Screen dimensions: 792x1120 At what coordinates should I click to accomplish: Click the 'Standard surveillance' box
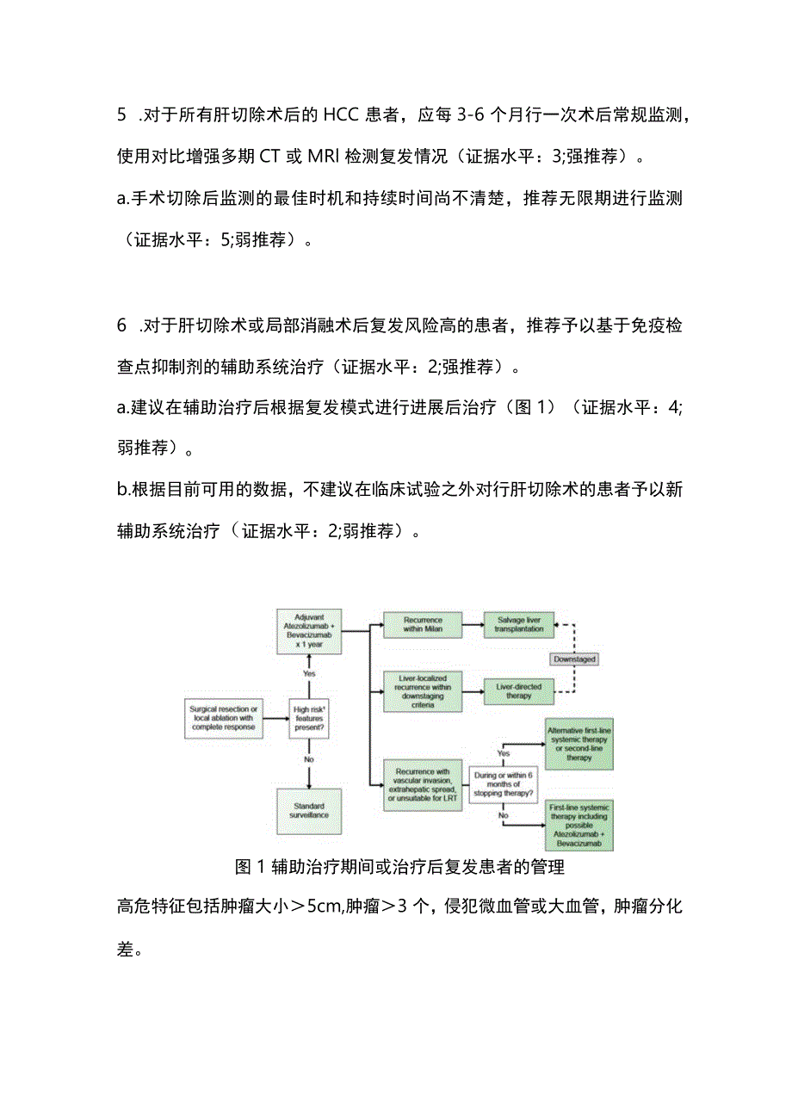pos(308,812)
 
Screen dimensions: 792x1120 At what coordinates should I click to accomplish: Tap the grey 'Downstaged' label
pos(574,659)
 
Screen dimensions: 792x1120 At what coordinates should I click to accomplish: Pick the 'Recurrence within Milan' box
pos(422,625)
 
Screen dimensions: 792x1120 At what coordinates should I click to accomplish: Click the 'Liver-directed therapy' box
pos(519,690)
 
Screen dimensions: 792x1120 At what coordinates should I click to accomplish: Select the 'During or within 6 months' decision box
pos(503,784)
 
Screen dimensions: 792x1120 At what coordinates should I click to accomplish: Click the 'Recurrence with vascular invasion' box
pos(422,784)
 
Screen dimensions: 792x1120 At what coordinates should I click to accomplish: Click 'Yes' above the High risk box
pos(308,672)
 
